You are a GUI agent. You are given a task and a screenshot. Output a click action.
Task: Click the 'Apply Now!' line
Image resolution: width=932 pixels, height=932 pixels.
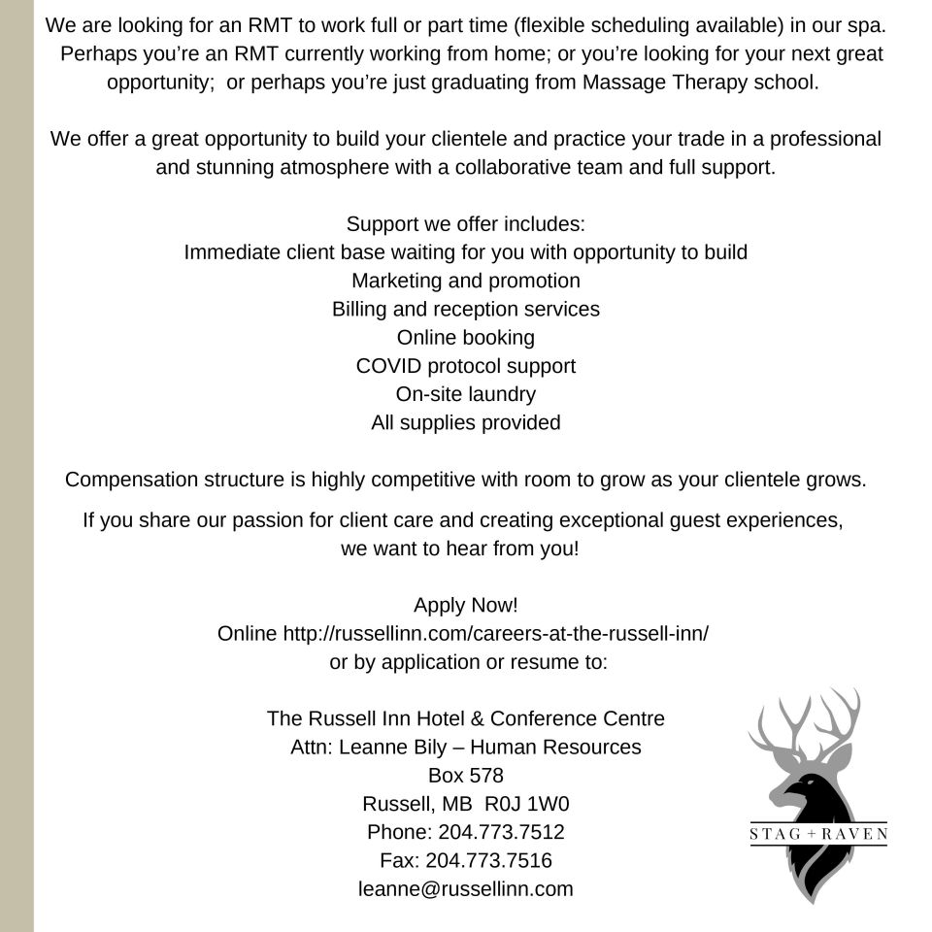coord(466,605)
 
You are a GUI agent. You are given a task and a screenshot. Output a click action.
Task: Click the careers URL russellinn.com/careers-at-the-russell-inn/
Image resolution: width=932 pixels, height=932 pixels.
coord(495,634)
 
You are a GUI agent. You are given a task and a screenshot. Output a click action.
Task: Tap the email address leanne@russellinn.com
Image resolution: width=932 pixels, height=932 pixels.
coord(466,888)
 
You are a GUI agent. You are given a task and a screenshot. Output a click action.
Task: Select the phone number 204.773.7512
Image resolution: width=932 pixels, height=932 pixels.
coord(501,832)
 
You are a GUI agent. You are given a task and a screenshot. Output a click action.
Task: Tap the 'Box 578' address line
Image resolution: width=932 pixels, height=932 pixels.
coord(466,776)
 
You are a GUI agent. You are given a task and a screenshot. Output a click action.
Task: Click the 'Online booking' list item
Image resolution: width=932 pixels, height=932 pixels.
coord(466,338)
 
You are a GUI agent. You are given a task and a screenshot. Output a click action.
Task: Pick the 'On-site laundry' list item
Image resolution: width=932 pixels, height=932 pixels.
coord(466,394)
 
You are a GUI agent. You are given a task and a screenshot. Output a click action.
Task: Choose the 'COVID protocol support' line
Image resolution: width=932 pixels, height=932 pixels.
coord(466,366)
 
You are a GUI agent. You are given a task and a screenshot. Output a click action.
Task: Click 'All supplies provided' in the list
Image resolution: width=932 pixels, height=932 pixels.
coord(466,423)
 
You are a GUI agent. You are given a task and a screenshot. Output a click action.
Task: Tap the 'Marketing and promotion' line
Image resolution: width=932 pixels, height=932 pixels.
coord(466,281)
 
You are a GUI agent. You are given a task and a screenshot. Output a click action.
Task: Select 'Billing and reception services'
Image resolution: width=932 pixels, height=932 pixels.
coord(466,309)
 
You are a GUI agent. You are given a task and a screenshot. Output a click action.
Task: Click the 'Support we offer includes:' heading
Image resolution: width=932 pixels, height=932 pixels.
coord(466,224)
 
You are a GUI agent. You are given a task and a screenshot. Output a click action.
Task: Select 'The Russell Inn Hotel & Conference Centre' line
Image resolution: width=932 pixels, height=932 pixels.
coord(466,718)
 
